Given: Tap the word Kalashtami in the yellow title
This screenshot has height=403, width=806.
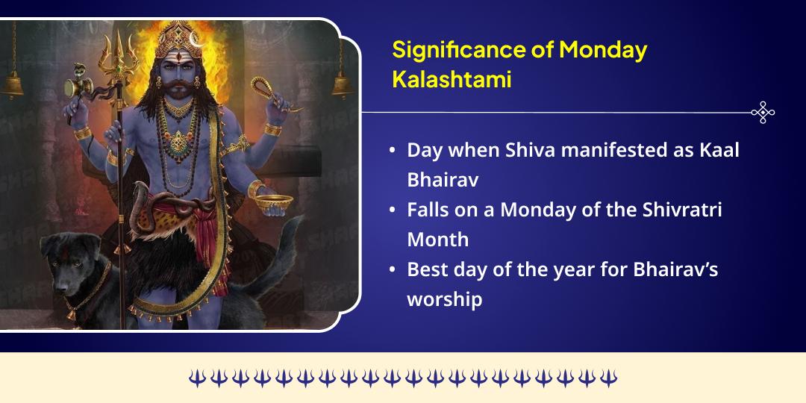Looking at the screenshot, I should coord(452,78).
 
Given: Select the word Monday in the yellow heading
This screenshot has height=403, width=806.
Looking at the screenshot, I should coord(603,50).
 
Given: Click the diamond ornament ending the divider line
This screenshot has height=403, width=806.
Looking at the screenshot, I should coord(763,112).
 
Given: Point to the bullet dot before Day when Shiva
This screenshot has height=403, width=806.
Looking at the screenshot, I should coord(392,150).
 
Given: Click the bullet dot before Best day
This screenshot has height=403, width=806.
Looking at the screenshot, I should coord(392,269).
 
